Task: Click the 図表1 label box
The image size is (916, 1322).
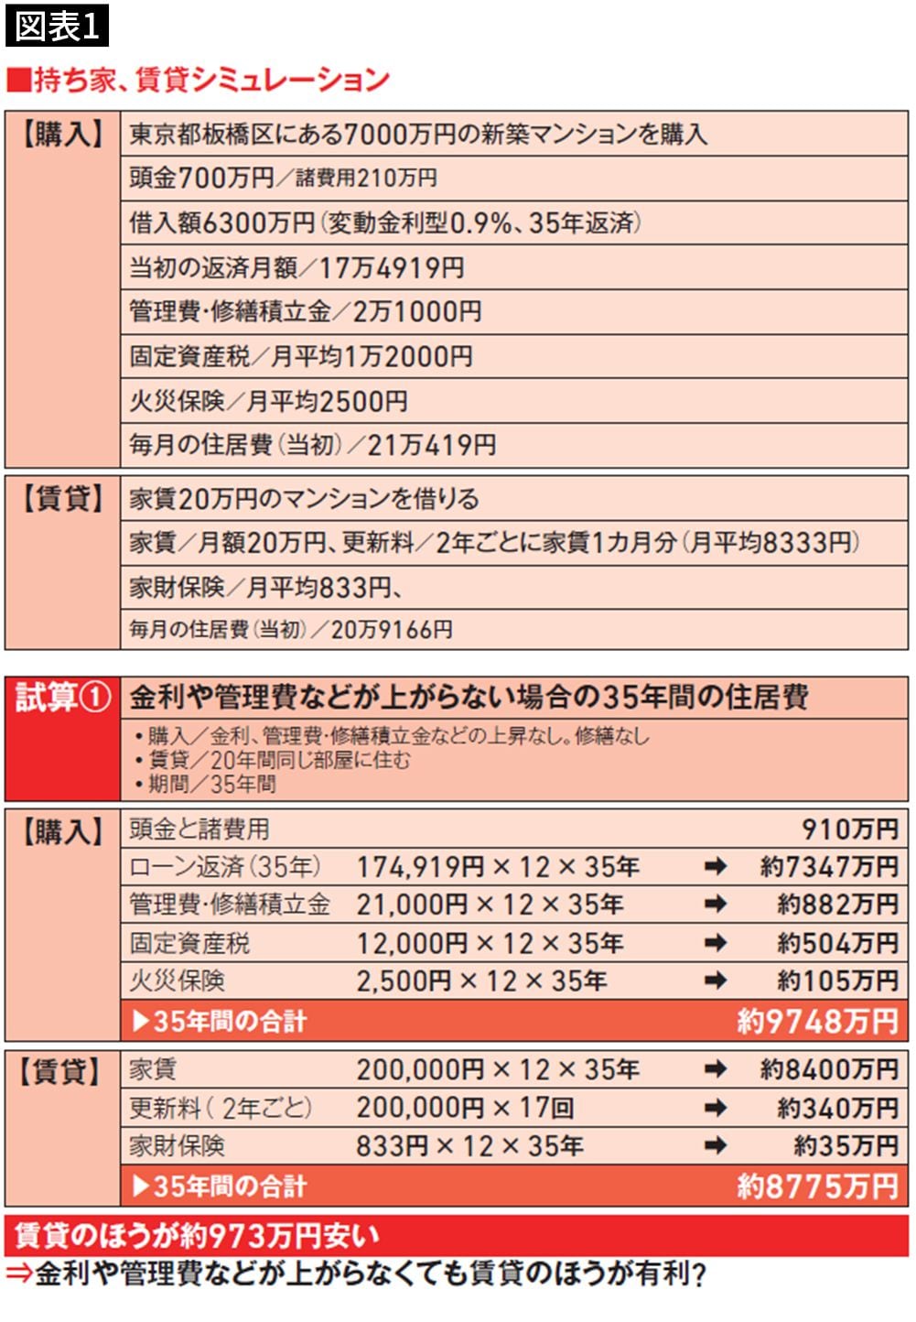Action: pyautogui.click(x=57, y=25)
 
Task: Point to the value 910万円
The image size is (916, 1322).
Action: pyautogui.click(x=850, y=829)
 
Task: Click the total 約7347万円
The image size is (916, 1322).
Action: pyautogui.click(x=829, y=867)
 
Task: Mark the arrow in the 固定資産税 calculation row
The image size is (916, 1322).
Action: pyautogui.click(x=716, y=943)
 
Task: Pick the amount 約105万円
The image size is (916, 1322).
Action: pyautogui.click(x=837, y=981)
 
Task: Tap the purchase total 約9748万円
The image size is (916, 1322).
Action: pyautogui.click(x=817, y=1022)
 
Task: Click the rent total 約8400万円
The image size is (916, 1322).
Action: pyautogui.click(x=829, y=1069)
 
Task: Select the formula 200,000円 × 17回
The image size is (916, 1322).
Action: pyautogui.click(x=465, y=1108)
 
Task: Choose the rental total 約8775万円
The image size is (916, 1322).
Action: pyautogui.click(x=817, y=1187)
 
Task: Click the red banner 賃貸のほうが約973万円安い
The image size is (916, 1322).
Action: pyautogui.click(x=197, y=1236)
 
